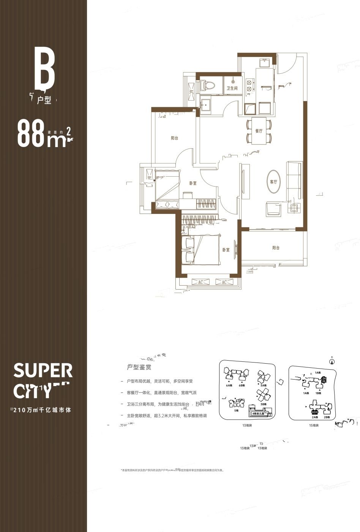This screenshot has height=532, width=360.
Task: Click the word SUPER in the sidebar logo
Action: click(43, 370)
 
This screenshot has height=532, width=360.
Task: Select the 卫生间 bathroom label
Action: click(232, 88)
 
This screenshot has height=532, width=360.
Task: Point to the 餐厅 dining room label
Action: click(259, 131)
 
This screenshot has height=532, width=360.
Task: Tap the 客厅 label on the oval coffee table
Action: click(273, 182)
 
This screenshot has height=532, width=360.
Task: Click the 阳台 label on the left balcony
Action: click(174, 138)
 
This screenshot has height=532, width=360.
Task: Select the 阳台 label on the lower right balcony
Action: click(276, 248)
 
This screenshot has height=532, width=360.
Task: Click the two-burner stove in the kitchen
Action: click(249, 85)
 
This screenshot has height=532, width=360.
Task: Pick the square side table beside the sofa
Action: click(294, 207)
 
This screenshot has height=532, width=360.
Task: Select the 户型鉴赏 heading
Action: click(140, 367)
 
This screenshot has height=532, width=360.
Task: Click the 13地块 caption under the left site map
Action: click(246, 425)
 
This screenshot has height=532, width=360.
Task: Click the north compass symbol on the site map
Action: click(332, 361)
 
